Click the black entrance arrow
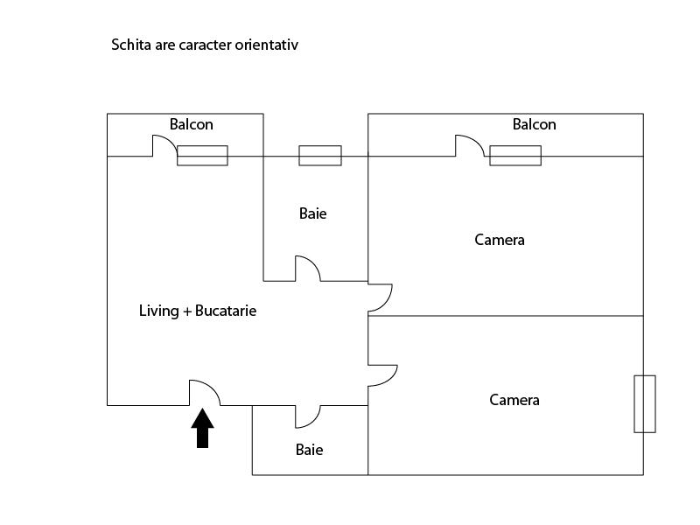tap(202, 429)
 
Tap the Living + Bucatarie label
tap(198, 311)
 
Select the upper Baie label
tap(313, 213)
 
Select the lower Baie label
tap(310, 450)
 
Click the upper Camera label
tap(500, 240)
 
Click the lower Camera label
tap(514, 400)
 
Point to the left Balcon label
tap(192, 124)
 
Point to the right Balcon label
tap(535, 124)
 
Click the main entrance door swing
tap(212, 387)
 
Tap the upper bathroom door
tap(313, 262)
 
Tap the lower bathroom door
tap(314, 422)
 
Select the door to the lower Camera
tap(391, 380)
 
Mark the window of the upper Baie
tap(320, 156)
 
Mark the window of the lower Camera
tap(645, 404)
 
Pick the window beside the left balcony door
tap(202, 156)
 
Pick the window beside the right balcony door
tap(515, 156)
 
